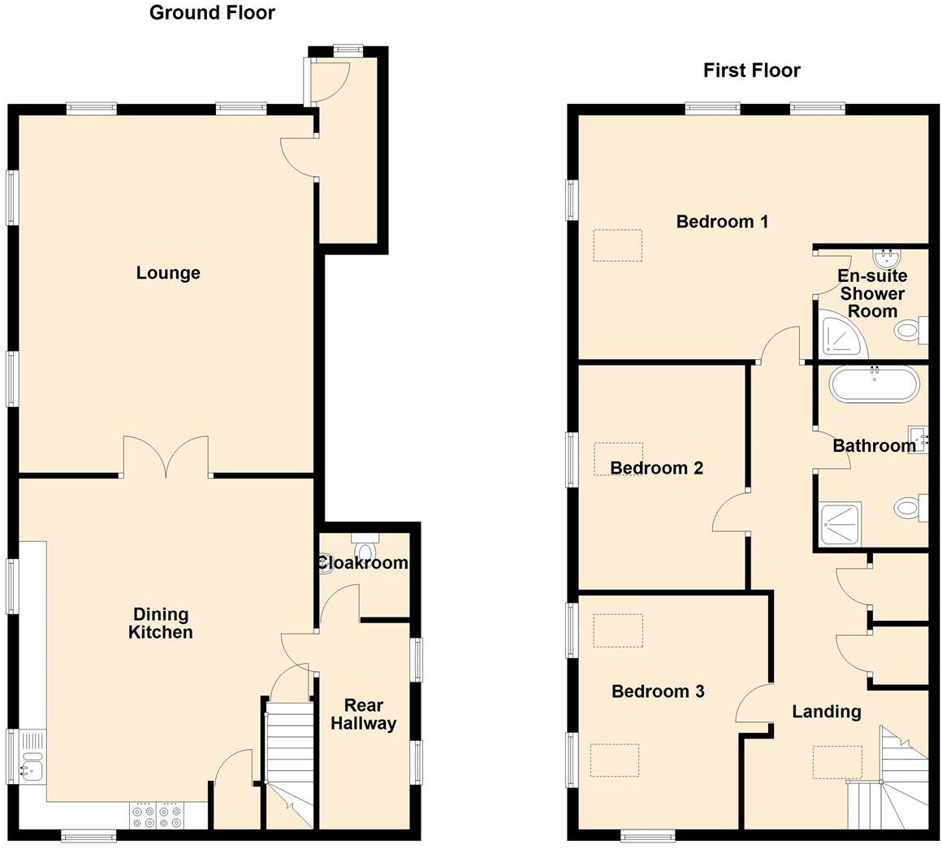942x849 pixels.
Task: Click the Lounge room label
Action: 168,273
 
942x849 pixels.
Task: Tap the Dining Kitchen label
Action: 161,624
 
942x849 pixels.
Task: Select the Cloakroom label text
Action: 363,563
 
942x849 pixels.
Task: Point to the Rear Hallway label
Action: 363,714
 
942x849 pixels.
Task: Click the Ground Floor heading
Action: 212,13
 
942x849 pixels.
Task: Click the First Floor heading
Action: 751,71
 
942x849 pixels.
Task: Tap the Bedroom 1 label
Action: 722,221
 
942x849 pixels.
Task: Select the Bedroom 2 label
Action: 656,468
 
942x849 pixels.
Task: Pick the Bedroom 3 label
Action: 658,691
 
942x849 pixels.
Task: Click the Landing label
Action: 826,712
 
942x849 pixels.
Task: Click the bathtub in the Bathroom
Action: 875,384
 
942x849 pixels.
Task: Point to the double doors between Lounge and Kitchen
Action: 166,459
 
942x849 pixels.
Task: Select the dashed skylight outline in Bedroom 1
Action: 617,245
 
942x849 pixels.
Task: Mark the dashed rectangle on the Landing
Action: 837,762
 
